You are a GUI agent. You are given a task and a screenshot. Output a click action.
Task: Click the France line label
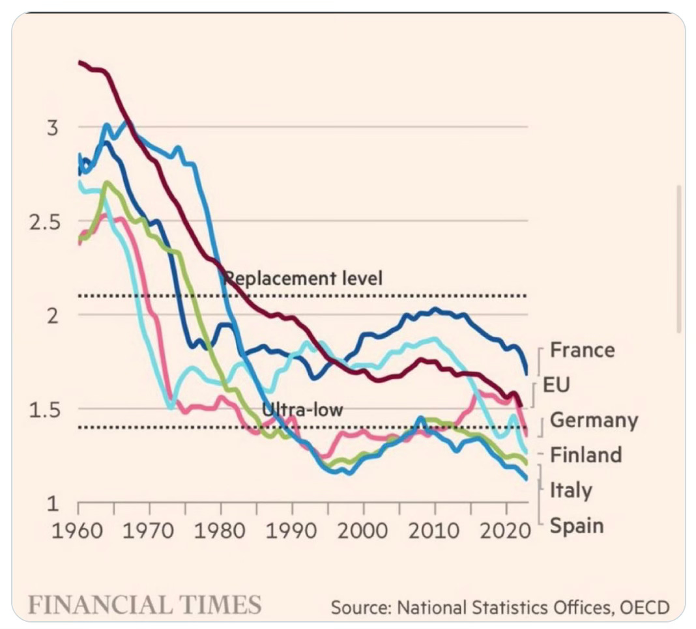[582, 350]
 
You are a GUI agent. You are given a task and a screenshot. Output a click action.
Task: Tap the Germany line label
[594, 420]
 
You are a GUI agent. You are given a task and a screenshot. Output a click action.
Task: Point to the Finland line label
[585, 454]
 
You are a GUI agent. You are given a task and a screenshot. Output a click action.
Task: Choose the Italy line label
[571, 490]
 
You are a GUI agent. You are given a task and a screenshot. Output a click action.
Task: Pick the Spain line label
[577, 525]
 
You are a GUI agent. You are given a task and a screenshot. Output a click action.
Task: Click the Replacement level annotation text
[302, 278]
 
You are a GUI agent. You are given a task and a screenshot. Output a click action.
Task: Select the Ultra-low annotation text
[302, 410]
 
